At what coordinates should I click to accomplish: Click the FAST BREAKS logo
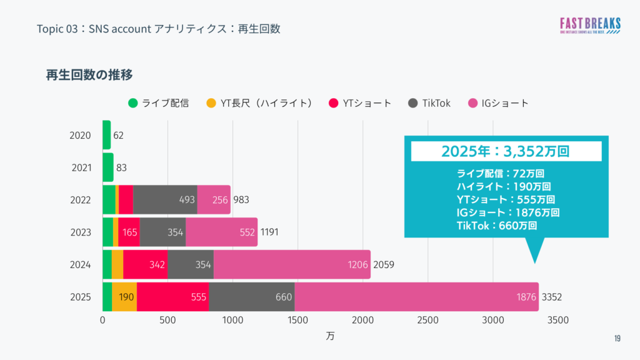[590, 26]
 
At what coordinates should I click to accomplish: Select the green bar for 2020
[106, 135]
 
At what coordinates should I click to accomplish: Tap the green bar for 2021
[107, 167]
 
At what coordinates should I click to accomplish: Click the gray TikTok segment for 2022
[165, 200]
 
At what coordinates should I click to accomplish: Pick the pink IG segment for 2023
[221, 232]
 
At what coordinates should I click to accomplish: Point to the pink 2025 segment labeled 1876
[416, 297]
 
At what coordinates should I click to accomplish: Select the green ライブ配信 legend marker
[133, 103]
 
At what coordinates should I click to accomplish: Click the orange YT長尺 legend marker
[211, 103]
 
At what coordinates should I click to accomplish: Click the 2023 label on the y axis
[81, 232]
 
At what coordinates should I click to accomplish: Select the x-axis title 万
[330, 336]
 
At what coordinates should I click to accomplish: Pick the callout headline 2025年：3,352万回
[506, 151]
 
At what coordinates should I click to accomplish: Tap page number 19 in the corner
[617, 338]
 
